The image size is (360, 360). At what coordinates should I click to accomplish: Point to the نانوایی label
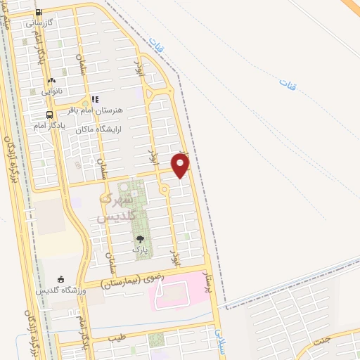pyautogui.click(x=51, y=91)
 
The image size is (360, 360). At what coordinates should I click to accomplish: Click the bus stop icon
pyautogui.click(x=49, y=115)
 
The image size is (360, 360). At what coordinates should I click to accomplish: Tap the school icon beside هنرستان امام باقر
pyautogui.click(x=95, y=100)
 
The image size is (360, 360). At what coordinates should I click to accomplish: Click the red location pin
pyautogui.click(x=181, y=166)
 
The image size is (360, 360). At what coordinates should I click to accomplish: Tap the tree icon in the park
pyautogui.click(x=140, y=239)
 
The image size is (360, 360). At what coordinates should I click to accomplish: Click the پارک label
pyautogui.click(x=140, y=249)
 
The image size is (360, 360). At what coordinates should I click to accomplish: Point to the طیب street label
pyautogui.click(x=116, y=338)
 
